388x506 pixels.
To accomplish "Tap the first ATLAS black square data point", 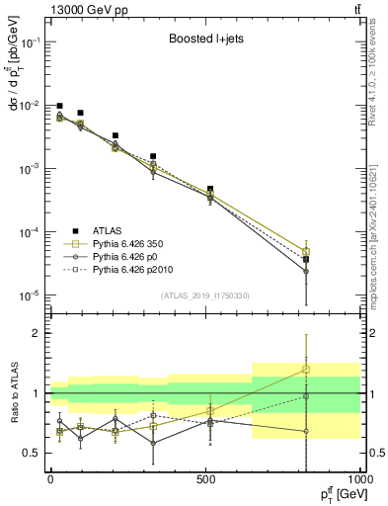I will coord(60,106).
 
